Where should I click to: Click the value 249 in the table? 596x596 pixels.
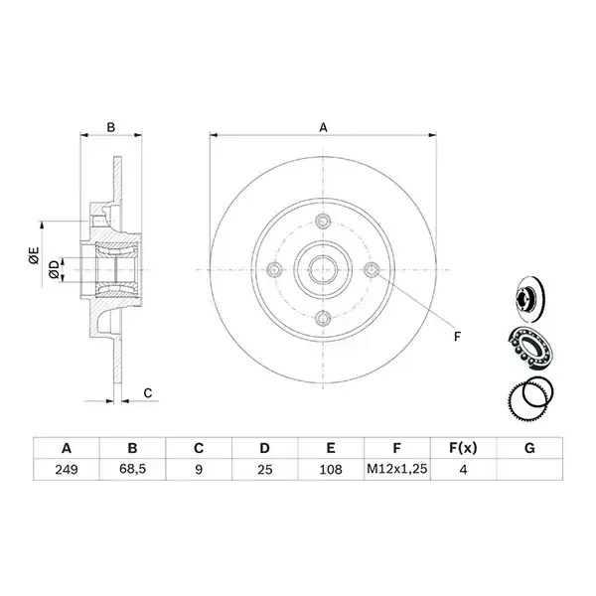[67, 470]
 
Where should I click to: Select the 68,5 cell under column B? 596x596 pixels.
[132, 469]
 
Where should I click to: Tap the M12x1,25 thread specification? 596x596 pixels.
[396, 469]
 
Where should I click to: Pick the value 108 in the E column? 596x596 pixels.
[331, 470]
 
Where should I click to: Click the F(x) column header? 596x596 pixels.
[463, 448]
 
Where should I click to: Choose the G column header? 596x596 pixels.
[529, 448]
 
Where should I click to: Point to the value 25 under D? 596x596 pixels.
[264, 470]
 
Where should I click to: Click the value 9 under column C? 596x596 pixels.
[199, 470]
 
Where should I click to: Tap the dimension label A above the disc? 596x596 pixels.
[323, 127]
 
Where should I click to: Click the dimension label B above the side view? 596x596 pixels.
[110, 127]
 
